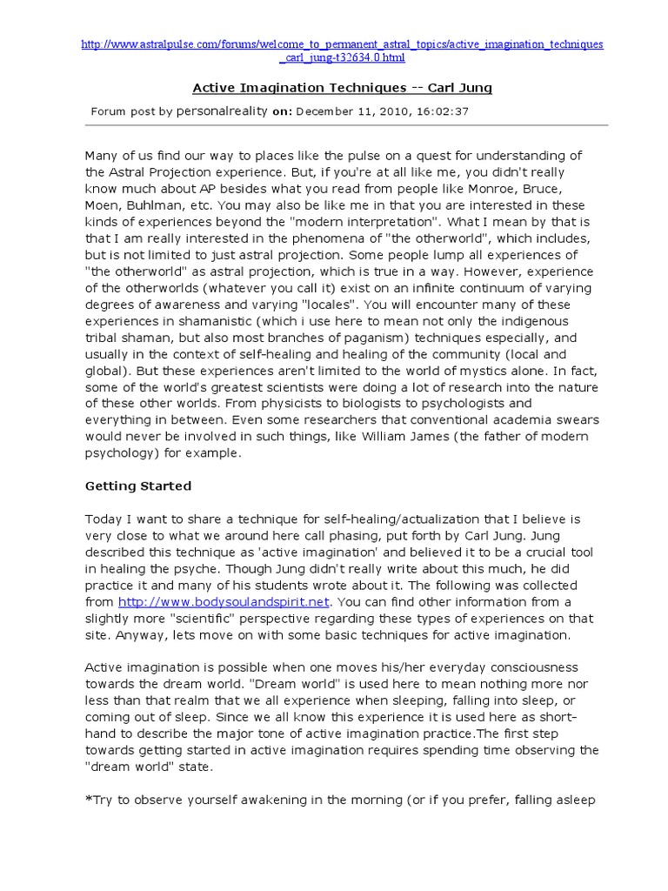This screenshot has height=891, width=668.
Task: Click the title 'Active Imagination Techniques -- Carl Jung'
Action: point(342,88)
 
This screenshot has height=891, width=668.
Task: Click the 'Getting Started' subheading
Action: point(137,486)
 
